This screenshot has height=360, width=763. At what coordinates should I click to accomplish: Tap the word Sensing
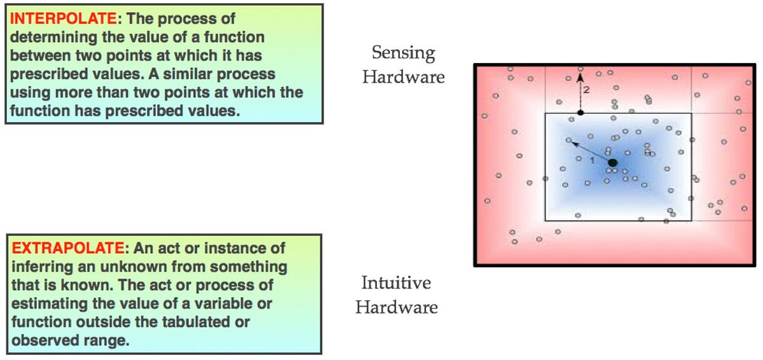click(403, 53)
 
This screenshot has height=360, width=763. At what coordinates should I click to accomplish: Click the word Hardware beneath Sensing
click(403, 77)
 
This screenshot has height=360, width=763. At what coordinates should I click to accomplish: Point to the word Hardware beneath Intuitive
click(397, 307)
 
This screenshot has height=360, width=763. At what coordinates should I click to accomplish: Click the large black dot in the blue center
click(612, 163)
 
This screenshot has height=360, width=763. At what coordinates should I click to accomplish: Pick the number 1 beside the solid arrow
click(592, 160)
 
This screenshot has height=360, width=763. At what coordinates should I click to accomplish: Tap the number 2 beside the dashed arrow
click(586, 90)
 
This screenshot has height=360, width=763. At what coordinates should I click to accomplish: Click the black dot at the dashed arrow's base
click(579, 113)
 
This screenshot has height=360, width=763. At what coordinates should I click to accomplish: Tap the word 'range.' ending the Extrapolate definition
click(111, 340)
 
